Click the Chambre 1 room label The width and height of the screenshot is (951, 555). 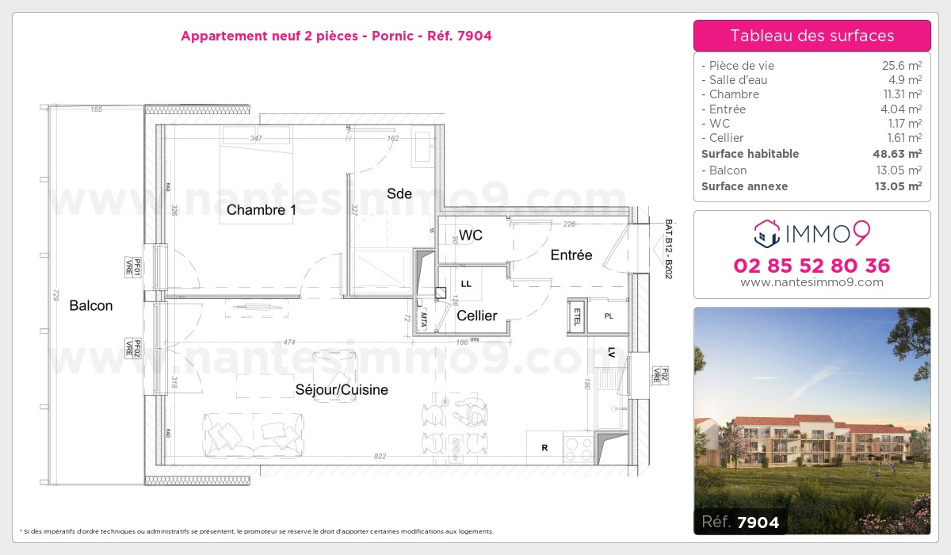coord(261,210)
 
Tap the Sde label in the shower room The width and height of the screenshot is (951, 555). coord(399,193)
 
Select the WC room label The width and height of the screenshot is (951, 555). coord(471,235)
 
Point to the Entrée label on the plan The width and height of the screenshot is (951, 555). coord(571,255)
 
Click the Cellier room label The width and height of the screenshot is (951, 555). coord(477,316)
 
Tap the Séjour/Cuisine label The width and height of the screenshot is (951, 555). coord(342,390)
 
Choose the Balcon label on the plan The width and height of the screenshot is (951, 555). coord(91,305)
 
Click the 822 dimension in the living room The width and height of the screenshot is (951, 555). coord(380,456)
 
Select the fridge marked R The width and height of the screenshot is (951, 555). coord(544,448)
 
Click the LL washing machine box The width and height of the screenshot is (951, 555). coord(466,283)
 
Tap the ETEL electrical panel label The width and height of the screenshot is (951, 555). coord(577,316)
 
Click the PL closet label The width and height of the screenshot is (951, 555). coord(609,316)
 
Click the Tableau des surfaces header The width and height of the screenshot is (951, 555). coord(812,36)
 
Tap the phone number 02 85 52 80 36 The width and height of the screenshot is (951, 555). coord(812,266)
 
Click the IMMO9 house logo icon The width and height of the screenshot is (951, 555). coord(766,233)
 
